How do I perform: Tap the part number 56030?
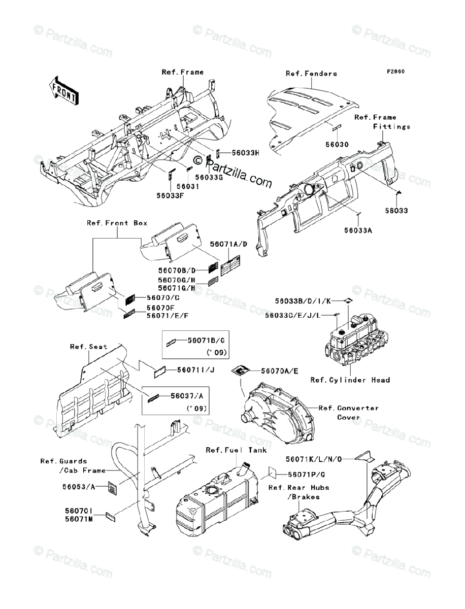337,145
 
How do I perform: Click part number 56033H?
246,152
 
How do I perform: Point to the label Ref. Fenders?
311,74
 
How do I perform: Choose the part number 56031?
189,186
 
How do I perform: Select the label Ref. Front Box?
117,223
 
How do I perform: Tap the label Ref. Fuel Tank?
236,450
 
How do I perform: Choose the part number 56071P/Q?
307,474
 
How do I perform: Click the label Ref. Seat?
88,347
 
